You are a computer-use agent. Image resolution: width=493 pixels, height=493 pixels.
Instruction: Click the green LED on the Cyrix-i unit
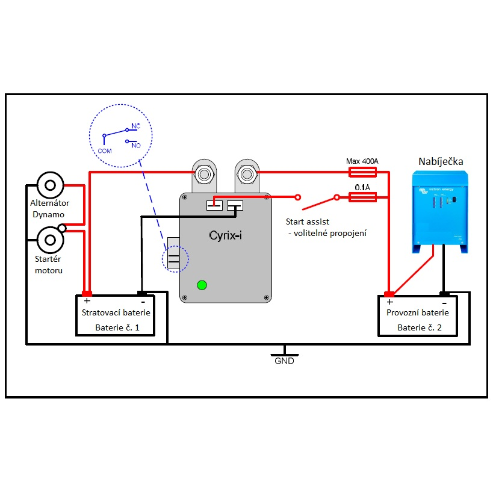pos(202,285)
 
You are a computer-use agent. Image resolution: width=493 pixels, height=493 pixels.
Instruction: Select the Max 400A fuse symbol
pos(363,173)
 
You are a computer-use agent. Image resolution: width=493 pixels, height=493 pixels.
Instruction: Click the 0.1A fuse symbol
pos(363,197)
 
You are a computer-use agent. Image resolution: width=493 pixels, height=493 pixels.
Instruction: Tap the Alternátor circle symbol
pos(51,184)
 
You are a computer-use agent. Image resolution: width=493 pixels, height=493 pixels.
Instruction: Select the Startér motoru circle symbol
pos(51,239)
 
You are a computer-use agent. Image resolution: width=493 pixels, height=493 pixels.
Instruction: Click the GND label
pos(284,361)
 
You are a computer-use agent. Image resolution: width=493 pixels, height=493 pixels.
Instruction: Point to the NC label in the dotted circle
pos(135,127)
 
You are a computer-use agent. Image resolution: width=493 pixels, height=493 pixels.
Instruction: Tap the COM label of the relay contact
pos(105,151)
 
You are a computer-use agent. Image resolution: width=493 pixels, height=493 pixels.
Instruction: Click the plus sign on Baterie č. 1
pos(87,301)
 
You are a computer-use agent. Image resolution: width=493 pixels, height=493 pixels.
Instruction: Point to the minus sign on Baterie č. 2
pos(444,302)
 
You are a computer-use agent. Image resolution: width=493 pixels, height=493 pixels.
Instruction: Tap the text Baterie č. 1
pos(117,328)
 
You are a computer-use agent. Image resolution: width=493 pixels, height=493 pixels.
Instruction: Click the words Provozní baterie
pos(418,313)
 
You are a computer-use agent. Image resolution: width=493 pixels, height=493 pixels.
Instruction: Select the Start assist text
pos(308,222)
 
